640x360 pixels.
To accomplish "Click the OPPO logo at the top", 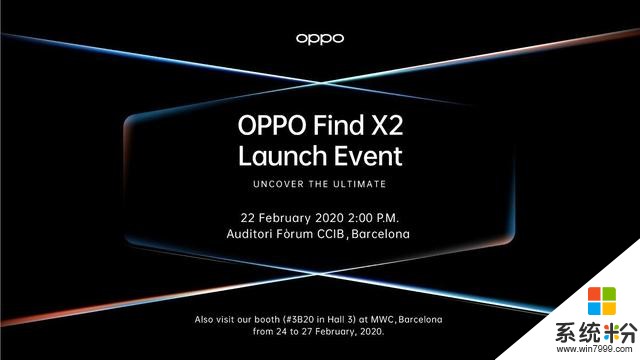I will click(x=320, y=38).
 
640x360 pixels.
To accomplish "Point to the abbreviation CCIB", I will click(x=341, y=234).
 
